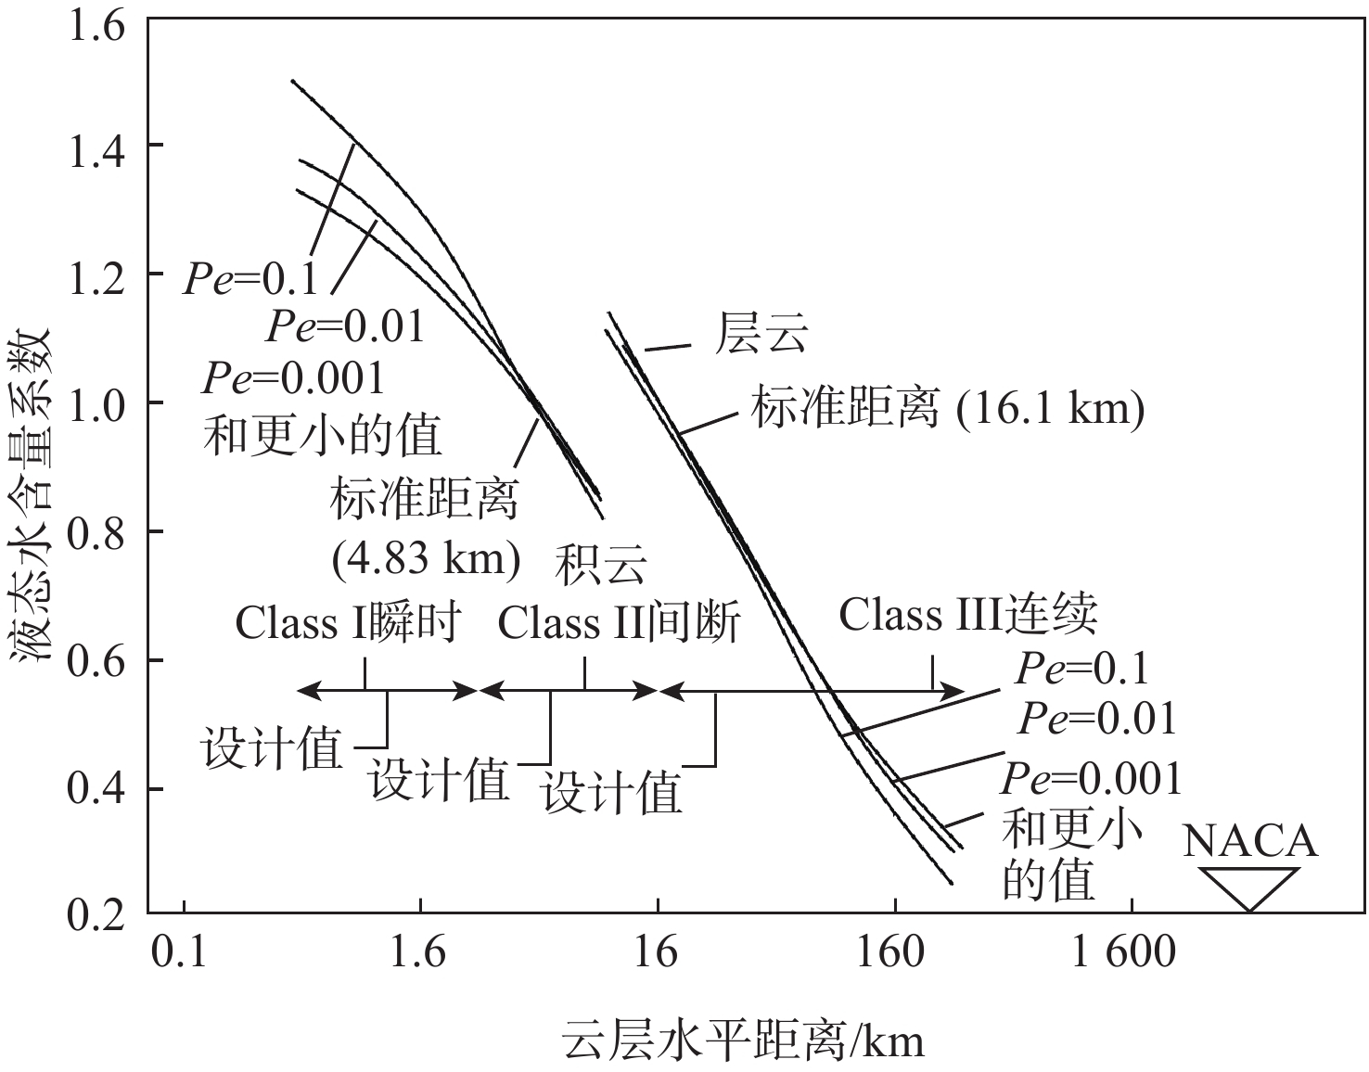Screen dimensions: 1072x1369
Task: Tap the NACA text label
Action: pyautogui.click(x=1250, y=841)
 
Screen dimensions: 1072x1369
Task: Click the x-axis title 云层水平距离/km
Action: pyautogui.click(x=743, y=1041)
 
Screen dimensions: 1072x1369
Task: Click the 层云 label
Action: pyautogui.click(x=761, y=335)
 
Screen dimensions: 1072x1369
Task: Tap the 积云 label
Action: pyautogui.click(x=600, y=565)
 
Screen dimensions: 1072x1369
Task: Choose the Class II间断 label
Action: pyautogui.click(x=619, y=623)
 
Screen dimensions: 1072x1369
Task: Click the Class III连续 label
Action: pyautogui.click(x=968, y=615)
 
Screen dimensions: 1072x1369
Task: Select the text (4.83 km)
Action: pyautogui.click(x=426, y=559)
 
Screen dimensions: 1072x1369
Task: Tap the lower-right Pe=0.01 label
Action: pyautogui.click(x=1097, y=719)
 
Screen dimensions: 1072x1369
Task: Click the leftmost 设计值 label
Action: pyautogui.click(x=273, y=747)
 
